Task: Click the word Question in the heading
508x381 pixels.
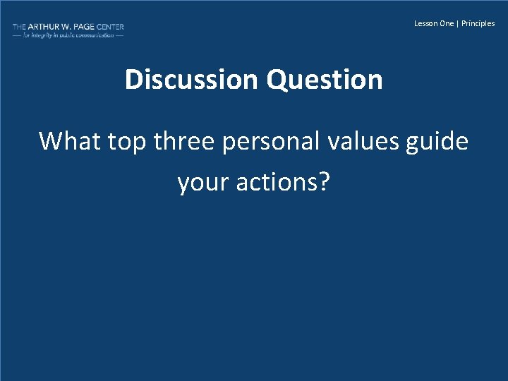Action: [325, 80]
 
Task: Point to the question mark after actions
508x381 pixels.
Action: [324, 183]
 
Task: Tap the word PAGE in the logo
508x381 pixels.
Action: [85, 27]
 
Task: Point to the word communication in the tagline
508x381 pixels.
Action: [95, 35]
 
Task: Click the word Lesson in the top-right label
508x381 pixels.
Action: [425, 23]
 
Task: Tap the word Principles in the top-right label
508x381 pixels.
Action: [478, 23]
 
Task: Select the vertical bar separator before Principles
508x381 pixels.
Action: [458, 23]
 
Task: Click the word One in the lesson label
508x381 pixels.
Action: [447, 23]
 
